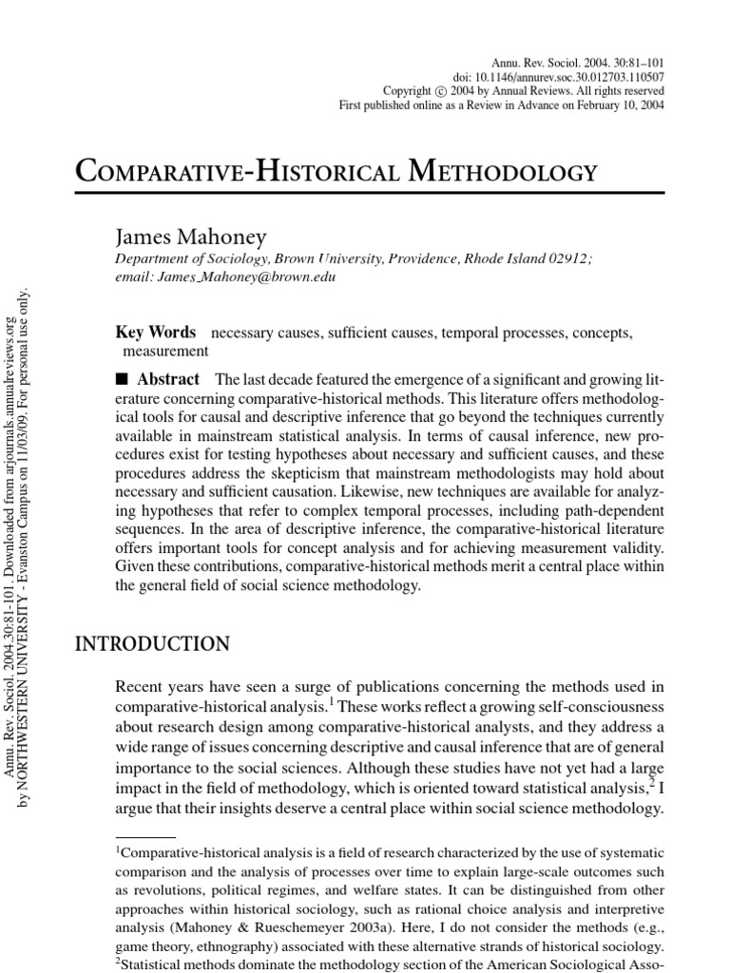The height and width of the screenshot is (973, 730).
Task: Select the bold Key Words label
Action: pyautogui.click(x=155, y=333)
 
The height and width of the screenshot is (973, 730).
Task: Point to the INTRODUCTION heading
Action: pyautogui.click(x=152, y=644)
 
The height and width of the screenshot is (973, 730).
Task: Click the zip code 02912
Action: pyautogui.click(x=568, y=258)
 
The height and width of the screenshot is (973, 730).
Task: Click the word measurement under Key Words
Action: pyautogui.click(x=152, y=351)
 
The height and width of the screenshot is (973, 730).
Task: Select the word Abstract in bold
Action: pyautogui.click(x=168, y=379)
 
